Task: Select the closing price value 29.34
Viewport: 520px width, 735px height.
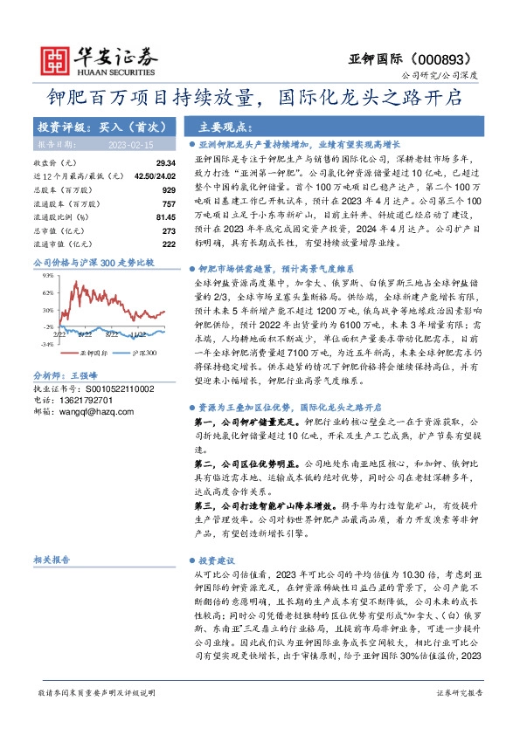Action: point(166,163)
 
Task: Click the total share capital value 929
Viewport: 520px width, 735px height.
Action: point(169,189)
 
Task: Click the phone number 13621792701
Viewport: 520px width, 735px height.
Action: point(83,399)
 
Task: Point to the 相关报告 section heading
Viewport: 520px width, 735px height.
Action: point(52,560)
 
